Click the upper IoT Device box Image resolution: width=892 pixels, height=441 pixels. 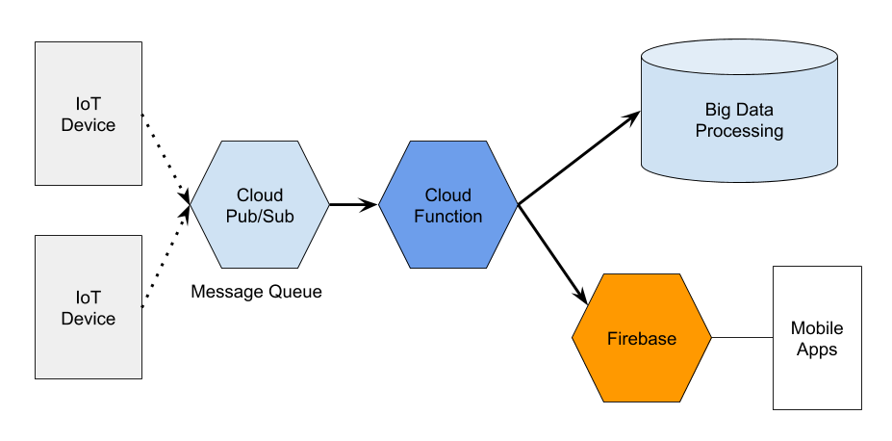click(x=89, y=114)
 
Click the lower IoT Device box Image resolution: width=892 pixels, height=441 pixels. click(x=89, y=307)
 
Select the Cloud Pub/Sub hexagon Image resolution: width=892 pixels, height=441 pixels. click(x=260, y=204)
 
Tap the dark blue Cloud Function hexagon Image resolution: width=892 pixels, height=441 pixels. click(x=448, y=204)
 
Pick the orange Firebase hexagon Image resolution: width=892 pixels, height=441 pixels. click(x=642, y=338)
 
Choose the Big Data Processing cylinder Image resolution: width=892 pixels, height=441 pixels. click(x=740, y=111)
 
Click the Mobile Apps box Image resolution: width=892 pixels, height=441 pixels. click(x=817, y=337)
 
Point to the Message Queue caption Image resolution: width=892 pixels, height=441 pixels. click(x=256, y=292)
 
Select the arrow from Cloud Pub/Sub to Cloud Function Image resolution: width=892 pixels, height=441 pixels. click(x=354, y=204)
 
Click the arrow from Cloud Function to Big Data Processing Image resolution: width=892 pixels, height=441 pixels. click(x=579, y=158)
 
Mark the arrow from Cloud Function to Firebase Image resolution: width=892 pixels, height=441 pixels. click(x=552, y=254)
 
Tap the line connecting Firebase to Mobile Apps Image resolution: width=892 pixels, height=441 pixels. click(x=743, y=337)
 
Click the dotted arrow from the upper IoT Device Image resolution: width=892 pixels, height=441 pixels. click(x=166, y=159)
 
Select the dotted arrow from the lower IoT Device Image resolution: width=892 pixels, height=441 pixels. click(x=166, y=256)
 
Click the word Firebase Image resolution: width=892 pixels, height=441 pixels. click(x=642, y=339)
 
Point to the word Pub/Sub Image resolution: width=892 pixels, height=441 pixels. click(x=260, y=217)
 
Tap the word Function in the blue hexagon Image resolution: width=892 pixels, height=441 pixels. click(x=448, y=217)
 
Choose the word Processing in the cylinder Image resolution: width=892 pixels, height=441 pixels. click(x=740, y=131)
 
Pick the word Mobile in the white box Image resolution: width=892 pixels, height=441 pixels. click(x=817, y=327)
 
